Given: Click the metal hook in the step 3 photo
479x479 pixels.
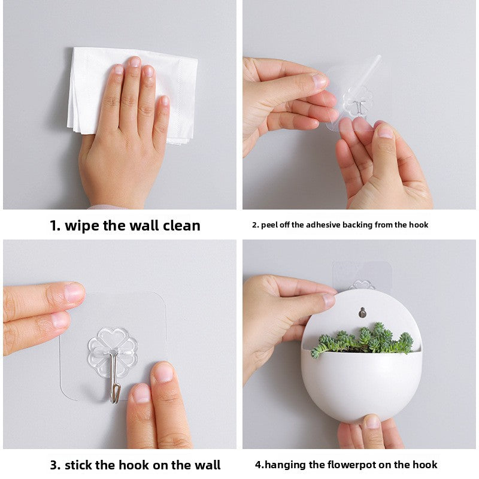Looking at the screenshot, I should pyautogui.click(x=114, y=383).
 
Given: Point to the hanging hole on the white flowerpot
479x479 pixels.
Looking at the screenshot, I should pyautogui.click(x=362, y=312).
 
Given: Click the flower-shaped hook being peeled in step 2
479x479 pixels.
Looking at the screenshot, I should pyautogui.click(x=357, y=100).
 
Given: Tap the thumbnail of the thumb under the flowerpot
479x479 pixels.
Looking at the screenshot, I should pyautogui.click(x=372, y=422).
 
